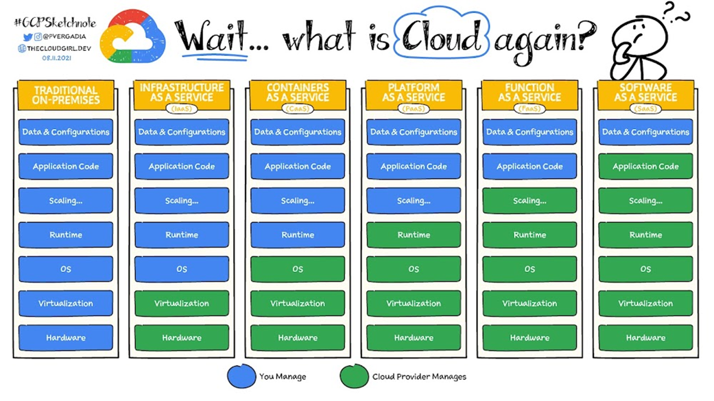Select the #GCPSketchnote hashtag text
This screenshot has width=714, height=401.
[x=54, y=23]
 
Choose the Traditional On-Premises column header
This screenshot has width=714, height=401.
[x=66, y=95]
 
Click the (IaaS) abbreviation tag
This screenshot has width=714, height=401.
[x=182, y=108]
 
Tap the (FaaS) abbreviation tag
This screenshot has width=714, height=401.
[x=529, y=108]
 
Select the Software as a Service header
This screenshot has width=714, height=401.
[x=645, y=93]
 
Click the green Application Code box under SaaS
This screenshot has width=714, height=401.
[x=645, y=167]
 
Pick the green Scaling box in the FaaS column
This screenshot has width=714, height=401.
[x=529, y=201]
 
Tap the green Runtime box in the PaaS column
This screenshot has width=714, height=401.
[x=414, y=235]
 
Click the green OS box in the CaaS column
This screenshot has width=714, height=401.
[x=298, y=269]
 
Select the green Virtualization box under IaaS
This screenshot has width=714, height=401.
[x=182, y=304]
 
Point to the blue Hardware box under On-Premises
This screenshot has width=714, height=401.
[x=66, y=338]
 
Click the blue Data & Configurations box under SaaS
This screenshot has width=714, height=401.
[x=645, y=132]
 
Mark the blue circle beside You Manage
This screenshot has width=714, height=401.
[x=241, y=376]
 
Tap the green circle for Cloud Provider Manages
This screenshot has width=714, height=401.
[x=354, y=376]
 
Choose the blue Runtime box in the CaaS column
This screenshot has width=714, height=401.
[x=298, y=235]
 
